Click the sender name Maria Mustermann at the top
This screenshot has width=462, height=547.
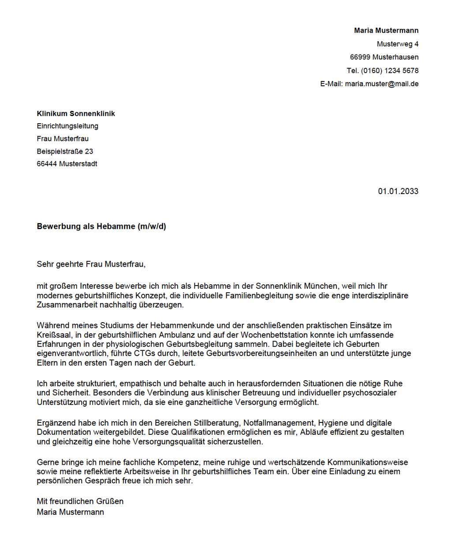coord(386,30)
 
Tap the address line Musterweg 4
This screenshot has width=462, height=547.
coord(397,44)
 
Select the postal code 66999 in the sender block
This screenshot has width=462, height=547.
coord(360,57)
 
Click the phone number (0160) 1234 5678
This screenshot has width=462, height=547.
coord(389,70)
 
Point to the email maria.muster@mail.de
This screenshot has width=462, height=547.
coord(382,84)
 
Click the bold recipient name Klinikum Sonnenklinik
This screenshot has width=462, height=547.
coord(76,114)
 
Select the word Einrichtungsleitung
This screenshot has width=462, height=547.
coord(67,126)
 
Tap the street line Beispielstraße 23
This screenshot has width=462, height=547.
coord(65,151)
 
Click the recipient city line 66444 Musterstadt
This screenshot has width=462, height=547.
coord(67,164)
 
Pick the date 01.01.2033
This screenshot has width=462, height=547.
coord(398,191)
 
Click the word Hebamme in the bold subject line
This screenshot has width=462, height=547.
coord(116,227)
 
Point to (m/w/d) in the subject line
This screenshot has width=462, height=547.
coord(152,227)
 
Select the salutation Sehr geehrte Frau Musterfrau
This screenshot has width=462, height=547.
coord(91,264)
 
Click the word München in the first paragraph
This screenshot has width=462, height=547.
coord(320,286)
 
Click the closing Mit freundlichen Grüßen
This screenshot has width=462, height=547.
coord(80,501)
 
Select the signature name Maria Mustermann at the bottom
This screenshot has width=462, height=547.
coord(70,512)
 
